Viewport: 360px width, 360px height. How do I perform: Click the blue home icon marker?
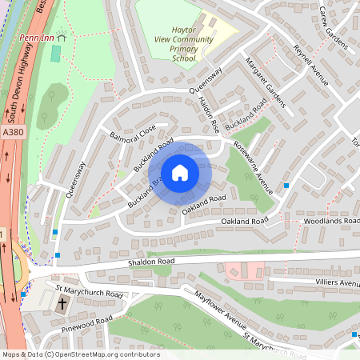pyautogui.click(x=180, y=173)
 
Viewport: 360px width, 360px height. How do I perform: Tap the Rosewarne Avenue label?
pyautogui.click(x=254, y=167)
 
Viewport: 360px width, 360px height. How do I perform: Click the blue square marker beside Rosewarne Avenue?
pyautogui.click(x=286, y=186)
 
